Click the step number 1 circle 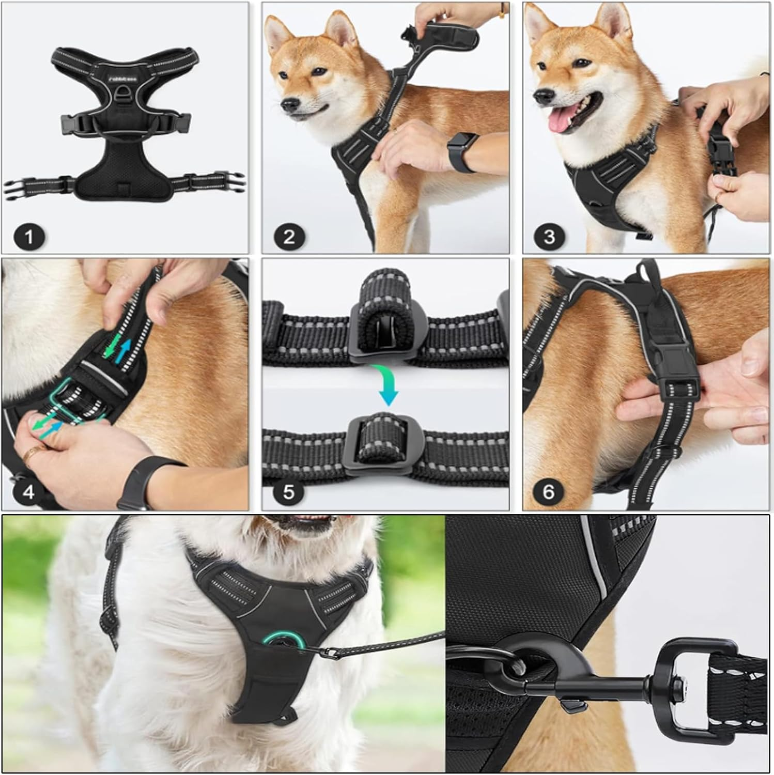pos(29,237)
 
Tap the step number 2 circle pos(289,237)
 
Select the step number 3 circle pos(549,237)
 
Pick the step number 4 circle pos(29,491)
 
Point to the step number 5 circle pos(289,491)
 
